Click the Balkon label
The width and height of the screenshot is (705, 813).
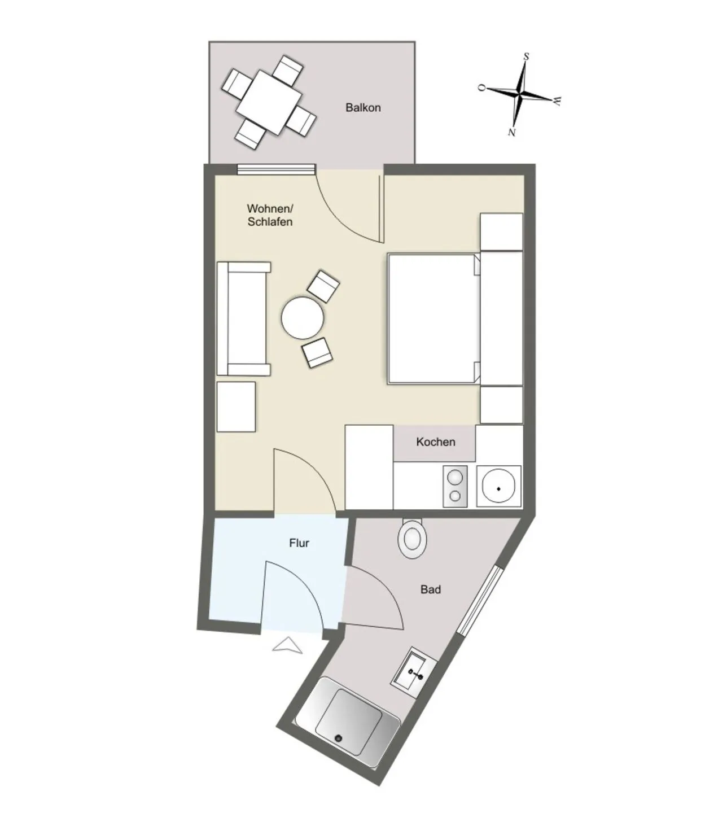click(362, 108)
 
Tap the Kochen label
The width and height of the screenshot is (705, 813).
click(435, 442)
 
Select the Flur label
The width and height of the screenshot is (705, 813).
click(299, 543)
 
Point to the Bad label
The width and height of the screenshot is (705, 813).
click(431, 589)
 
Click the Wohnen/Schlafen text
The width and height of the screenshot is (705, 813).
click(270, 215)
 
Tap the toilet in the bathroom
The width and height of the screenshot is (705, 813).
click(412, 537)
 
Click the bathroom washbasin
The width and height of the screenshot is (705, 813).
click(414, 673)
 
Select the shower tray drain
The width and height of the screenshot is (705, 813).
click(339, 738)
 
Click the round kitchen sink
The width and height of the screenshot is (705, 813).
click(498, 487)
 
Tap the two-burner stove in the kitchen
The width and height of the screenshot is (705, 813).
click(455, 486)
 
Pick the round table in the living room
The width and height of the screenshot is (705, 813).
click(302, 318)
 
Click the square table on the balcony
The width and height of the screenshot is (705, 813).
click(269, 103)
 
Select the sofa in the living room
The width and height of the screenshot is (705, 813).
click(243, 318)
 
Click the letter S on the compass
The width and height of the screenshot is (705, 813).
click(526, 57)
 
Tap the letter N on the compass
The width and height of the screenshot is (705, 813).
click(512, 132)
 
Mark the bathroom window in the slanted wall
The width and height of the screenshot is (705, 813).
click(479, 600)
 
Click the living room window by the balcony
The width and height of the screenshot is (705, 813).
click(277, 169)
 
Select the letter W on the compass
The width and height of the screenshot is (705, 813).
click(557, 101)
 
